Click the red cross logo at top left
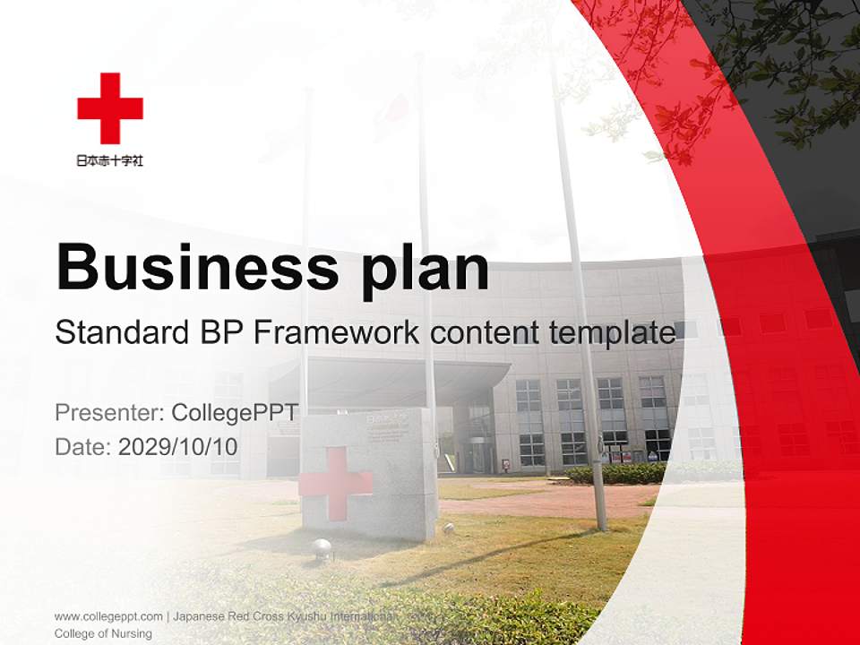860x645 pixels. coord(110,108)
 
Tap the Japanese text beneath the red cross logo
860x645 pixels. coord(110,161)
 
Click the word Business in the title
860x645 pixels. coord(197,266)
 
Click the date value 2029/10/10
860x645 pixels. coord(178,446)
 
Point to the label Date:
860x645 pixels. coord(82,446)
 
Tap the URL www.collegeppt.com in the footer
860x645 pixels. coord(108,616)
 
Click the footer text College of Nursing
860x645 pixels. coord(103,633)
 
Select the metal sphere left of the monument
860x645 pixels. coord(321,549)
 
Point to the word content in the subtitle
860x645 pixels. coord(476,332)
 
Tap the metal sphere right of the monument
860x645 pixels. coord(448,529)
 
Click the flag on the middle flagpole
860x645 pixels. coord(391,116)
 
